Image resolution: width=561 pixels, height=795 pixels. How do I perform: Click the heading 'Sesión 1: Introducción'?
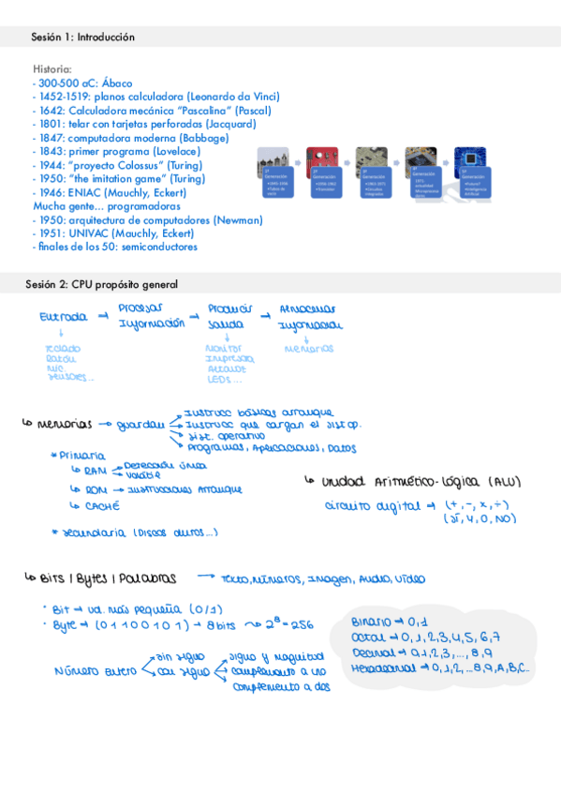pyautogui.click(x=82, y=37)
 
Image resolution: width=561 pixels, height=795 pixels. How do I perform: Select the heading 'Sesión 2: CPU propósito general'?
pyautogui.click(x=104, y=284)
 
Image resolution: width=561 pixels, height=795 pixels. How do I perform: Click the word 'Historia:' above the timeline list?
pyautogui.click(x=52, y=69)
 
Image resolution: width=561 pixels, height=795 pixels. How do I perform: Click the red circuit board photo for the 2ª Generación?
pyautogui.click(x=325, y=157)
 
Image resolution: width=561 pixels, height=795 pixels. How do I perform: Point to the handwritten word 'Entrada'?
pyautogui.click(x=65, y=318)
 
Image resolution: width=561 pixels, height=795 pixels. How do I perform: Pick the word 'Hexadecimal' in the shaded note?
pyautogui.click(x=382, y=668)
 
